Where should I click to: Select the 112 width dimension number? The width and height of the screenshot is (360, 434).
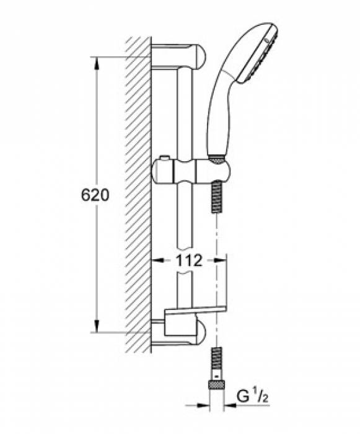tap(186, 261)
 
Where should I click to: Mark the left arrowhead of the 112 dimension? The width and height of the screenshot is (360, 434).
tap(156, 261)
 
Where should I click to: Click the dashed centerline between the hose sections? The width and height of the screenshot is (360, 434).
tap(216, 279)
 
